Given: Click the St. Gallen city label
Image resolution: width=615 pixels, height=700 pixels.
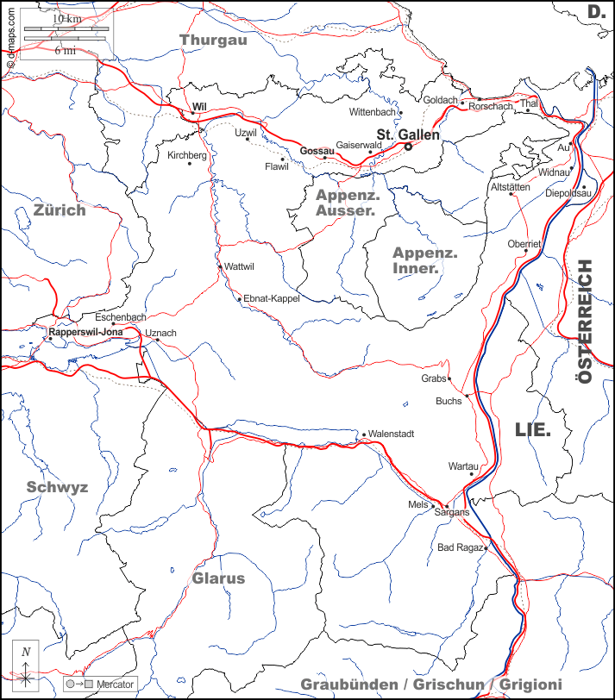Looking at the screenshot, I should [x=408, y=134].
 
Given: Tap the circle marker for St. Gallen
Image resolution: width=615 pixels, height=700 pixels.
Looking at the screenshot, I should [x=409, y=147].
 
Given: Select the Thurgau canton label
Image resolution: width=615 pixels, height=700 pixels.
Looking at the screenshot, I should [x=213, y=39].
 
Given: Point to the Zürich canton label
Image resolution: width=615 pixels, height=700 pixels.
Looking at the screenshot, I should [x=60, y=209].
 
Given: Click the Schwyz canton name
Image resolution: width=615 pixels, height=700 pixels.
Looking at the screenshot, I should [x=57, y=487].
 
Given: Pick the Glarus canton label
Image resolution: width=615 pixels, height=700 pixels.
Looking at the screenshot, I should [x=218, y=578].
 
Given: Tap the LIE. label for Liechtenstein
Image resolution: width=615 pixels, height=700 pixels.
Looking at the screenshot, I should [x=532, y=429].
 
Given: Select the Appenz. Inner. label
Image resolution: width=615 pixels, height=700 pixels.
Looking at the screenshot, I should [x=425, y=259].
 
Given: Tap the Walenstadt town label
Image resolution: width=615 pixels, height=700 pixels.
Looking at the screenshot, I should [x=392, y=434].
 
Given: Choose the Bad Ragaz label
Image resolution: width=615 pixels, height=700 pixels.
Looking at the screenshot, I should [x=458, y=548].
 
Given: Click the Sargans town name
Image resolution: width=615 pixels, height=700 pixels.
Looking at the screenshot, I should [x=452, y=512].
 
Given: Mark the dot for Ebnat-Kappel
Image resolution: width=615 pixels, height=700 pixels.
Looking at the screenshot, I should [x=240, y=299].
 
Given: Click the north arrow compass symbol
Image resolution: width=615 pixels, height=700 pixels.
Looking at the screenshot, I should [x=27, y=667].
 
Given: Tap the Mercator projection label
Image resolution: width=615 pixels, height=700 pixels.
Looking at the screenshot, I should [x=116, y=684].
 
